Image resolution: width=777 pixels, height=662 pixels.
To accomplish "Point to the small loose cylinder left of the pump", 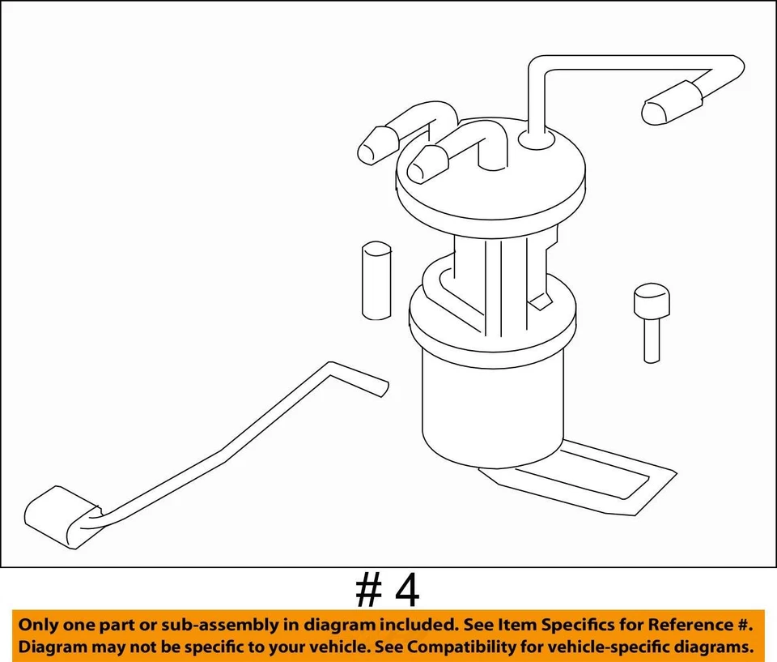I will [375, 280].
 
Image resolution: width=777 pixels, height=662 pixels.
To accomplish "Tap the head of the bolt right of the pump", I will [651, 301].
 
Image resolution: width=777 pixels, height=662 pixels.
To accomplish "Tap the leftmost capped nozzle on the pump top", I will [375, 147].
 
